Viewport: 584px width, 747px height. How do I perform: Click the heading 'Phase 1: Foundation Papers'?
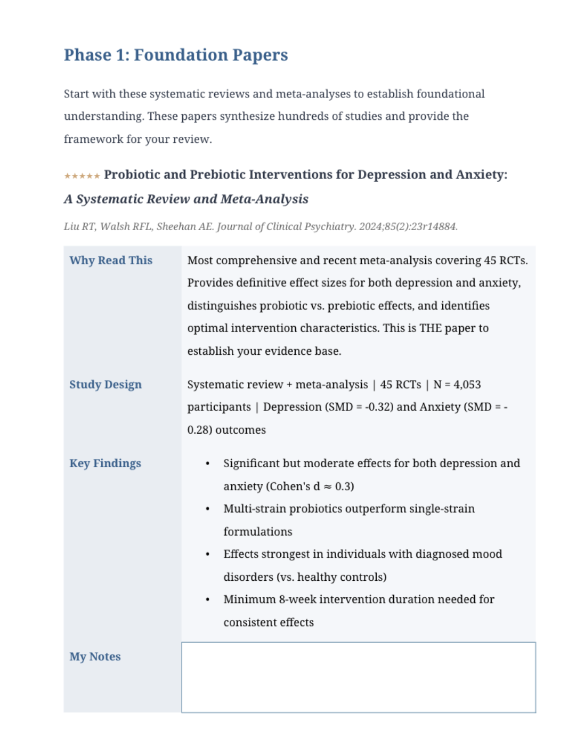pyautogui.click(x=176, y=55)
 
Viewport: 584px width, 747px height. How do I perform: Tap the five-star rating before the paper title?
pyautogui.click(x=82, y=176)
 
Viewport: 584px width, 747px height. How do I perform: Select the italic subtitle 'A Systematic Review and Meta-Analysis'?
pyautogui.click(x=186, y=199)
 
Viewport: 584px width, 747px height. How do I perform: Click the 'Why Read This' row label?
pyautogui.click(x=111, y=261)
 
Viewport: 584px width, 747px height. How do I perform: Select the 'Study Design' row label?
pyautogui.click(x=106, y=385)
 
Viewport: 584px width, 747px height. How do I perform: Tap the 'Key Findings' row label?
pyautogui.click(x=105, y=464)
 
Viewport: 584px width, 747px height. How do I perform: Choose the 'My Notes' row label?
pyautogui.click(x=95, y=657)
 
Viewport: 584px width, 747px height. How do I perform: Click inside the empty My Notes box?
pyautogui.click(x=358, y=677)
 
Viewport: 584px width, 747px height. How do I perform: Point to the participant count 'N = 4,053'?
pyautogui.click(x=457, y=385)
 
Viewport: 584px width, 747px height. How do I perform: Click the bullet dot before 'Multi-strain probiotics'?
pyautogui.click(x=207, y=509)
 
